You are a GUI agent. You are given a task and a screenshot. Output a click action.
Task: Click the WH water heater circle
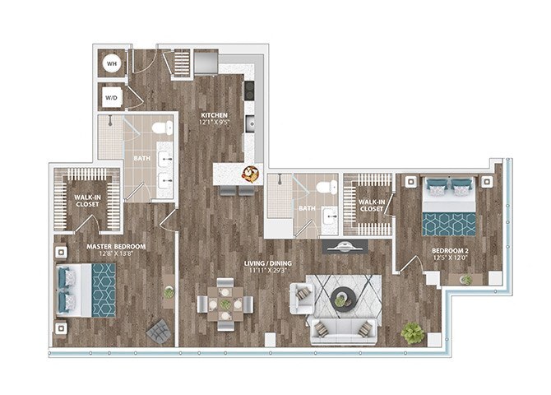coord(112,63)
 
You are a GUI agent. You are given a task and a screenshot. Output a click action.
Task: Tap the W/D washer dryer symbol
coord(112,96)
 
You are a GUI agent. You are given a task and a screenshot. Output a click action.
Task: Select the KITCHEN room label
coord(215,114)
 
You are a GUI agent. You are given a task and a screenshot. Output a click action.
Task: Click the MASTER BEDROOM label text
coord(117,246)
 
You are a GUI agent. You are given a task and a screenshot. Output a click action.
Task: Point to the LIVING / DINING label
coord(268,263)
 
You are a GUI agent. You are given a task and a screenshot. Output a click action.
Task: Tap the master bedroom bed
coord(86,290)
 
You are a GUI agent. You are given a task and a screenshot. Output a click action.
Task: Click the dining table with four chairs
coord(225,304)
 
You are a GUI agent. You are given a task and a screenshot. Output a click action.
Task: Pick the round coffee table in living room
coord(342,300)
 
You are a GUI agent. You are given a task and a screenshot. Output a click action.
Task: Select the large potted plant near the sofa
coord(412,332)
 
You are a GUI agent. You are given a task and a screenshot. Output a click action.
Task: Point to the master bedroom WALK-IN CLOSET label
coord(87,200)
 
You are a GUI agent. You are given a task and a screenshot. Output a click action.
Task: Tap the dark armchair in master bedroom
coord(156,331)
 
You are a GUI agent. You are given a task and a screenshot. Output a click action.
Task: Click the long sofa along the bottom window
coord(343,330)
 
